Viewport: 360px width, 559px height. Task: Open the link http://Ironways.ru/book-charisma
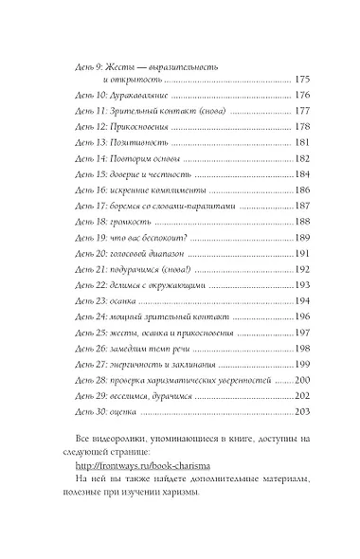point(153,466)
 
